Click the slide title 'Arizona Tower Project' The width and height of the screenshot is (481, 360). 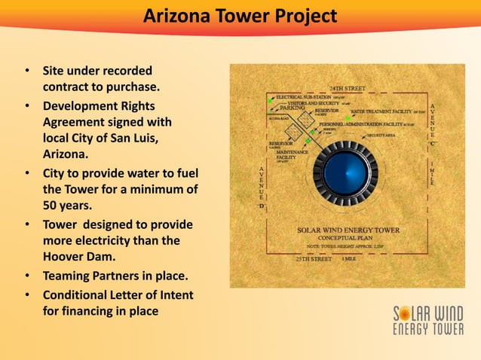coord(240,16)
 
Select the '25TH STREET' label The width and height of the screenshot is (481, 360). coord(313,258)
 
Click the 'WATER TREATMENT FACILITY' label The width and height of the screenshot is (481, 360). coord(381,111)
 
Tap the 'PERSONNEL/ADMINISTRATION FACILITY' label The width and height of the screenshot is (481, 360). coord(361,124)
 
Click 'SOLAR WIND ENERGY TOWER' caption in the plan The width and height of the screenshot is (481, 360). coord(348,230)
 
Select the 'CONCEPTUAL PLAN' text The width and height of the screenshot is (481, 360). coord(348,238)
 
